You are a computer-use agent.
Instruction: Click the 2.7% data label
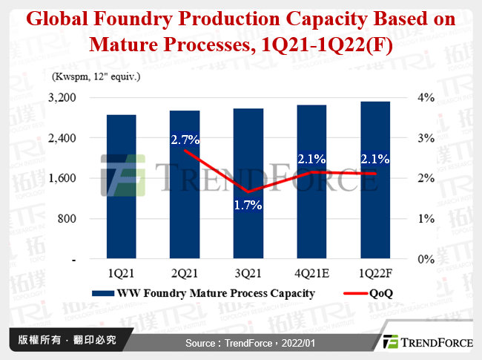tap(185, 139)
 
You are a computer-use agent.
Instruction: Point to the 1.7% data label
tap(248, 205)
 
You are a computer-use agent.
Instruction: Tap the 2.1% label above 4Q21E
tap(312, 159)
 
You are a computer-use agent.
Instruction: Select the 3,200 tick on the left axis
tap(63, 98)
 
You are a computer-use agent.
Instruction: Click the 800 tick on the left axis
tap(68, 219)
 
